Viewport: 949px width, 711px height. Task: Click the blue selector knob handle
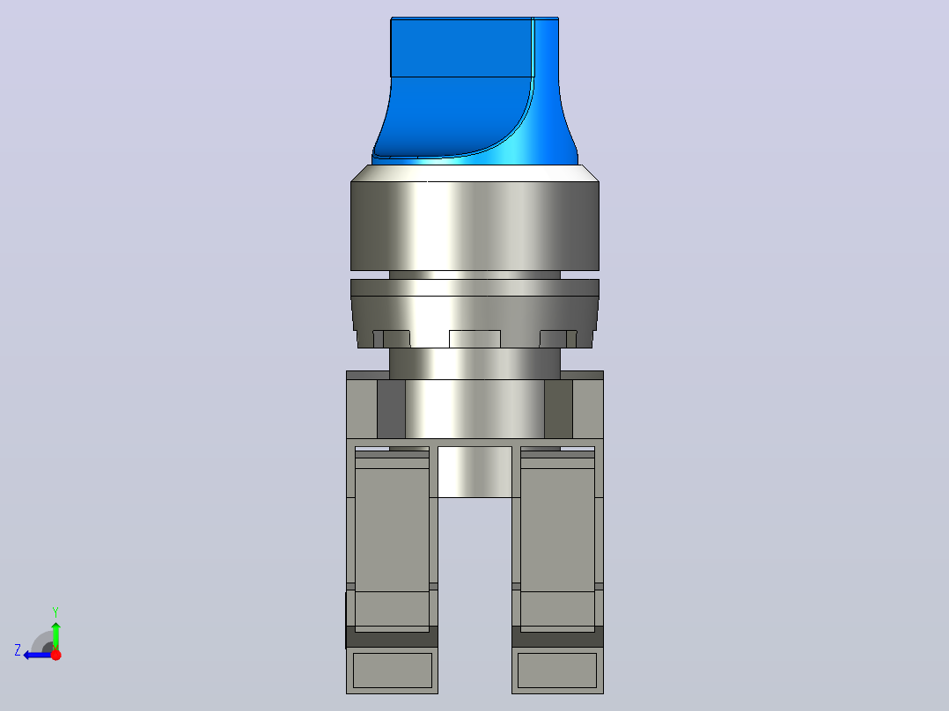(x=474, y=91)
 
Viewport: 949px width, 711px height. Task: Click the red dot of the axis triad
(x=56, y=655)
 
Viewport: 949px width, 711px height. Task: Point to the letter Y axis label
(x=55, y=612)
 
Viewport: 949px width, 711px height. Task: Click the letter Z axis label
(x=18, y=650)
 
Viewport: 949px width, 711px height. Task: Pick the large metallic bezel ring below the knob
(x=475, y=225)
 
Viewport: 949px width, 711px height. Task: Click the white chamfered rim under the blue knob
(x=475, y=173)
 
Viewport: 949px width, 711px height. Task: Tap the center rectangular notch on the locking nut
(x=474, y=339)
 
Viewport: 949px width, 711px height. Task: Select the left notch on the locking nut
(x=392, y=339)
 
